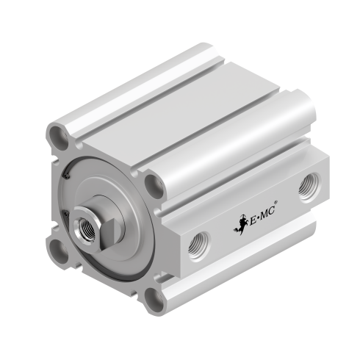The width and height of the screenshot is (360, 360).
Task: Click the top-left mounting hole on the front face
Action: [x=59, y=138]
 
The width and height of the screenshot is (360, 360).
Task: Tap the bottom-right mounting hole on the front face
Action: [x=154, y=300]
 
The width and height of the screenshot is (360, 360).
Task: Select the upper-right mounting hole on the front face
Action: [x=154, y=187]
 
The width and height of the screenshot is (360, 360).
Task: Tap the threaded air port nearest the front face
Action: [x=199, y=245]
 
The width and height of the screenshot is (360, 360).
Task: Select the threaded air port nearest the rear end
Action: [x=309, y=187]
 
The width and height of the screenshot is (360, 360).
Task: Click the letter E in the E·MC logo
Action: [x=253, y=221]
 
